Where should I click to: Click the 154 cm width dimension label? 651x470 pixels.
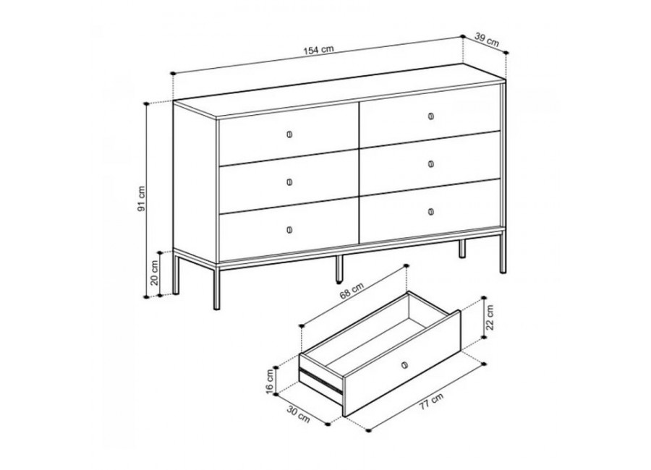pos(318,50)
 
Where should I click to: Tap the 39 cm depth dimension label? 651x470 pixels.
pos(487,40)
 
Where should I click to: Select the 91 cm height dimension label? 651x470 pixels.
pos(142,198)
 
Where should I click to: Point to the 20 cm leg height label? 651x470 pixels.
pos(155,273)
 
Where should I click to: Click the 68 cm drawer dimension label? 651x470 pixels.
pos(352,290)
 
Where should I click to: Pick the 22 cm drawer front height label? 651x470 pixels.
pos(490,317)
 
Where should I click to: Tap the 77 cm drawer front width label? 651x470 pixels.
pos(430,401)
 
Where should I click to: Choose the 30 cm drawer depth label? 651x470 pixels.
pos(299,414)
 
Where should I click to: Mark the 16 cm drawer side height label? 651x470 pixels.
pos(271,381)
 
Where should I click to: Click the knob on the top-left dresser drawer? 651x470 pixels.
pos(289,134)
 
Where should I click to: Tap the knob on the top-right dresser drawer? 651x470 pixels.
pos(431,116)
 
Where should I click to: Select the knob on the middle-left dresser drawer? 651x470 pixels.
pos(289,182)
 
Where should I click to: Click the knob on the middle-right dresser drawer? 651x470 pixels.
pos(431,164)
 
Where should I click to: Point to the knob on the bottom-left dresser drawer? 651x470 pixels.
pos(289,230)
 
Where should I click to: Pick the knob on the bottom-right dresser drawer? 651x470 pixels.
pos(431,212)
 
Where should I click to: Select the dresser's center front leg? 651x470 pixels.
pos(339,269)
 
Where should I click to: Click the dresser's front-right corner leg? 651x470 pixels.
pos(503,252)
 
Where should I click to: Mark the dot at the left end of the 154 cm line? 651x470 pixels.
pos(173,74)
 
